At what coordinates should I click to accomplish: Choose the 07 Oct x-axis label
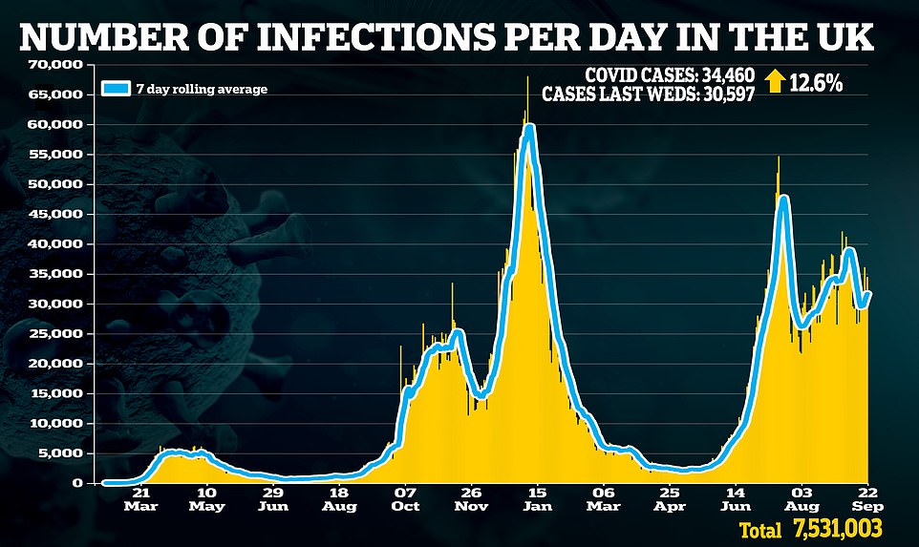point(405,501)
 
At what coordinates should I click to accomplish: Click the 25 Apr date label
point(671,501)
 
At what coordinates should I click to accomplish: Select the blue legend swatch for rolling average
point(117,90)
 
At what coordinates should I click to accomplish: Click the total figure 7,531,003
point(836,528)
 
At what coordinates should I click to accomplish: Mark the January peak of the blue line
point(529,127)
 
